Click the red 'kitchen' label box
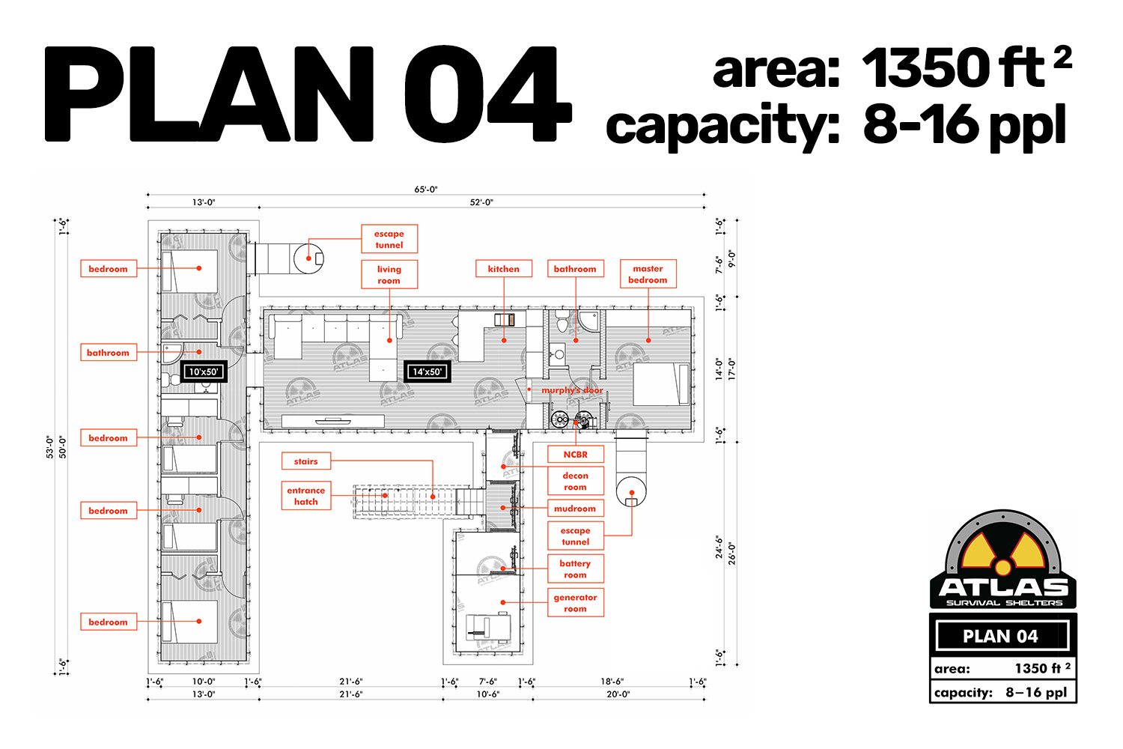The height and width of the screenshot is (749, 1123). click(x=503, y=268)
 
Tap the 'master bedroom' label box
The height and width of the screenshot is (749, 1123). click(x=648, y=274)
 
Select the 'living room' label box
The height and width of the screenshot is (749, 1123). click(x=389, y=274)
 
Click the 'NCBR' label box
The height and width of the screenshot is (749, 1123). click(x=575, y=454)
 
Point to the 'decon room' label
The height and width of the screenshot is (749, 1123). click(x=575, y=481)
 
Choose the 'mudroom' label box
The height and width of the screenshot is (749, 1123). click(x=575, y=508)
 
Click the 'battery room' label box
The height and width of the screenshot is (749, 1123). click(x=575, y=569)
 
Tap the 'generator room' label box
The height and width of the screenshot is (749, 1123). click(x=575, y=602)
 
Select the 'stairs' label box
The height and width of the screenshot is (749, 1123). click(x=305, y=461)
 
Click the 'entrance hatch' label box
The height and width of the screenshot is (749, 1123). click(x=305, y=496)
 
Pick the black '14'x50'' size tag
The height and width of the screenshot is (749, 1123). click(x=427, y=372)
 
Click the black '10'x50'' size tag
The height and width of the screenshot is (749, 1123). click(x=204, y=372)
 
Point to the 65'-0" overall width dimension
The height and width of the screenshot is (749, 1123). click(x=426, y=189)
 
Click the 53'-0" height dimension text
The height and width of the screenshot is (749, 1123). click(x=49, y=447)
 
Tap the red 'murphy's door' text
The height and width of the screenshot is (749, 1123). click(x=572, y=389)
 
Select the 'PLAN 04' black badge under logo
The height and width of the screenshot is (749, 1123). click(x=1002, y=636)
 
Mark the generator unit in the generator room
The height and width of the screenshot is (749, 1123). click(x=488, y=628)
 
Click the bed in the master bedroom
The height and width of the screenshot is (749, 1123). click(x=662, y=384)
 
